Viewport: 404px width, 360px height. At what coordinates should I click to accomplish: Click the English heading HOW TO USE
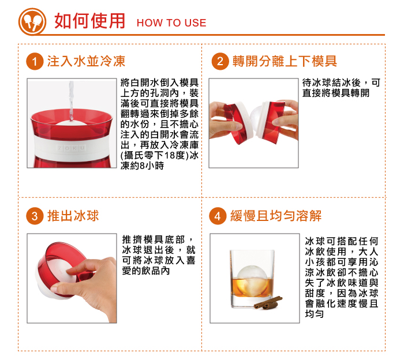171,23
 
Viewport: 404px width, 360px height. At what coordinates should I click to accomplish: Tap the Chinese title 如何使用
89,21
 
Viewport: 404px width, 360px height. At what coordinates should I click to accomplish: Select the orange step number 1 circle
36,61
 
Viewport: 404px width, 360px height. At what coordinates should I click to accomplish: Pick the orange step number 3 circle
36,216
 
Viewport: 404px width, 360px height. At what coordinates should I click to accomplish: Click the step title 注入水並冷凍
86,61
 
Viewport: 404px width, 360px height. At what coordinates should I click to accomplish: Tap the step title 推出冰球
73,216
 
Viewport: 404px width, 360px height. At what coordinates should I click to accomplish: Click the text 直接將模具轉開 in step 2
336,93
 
